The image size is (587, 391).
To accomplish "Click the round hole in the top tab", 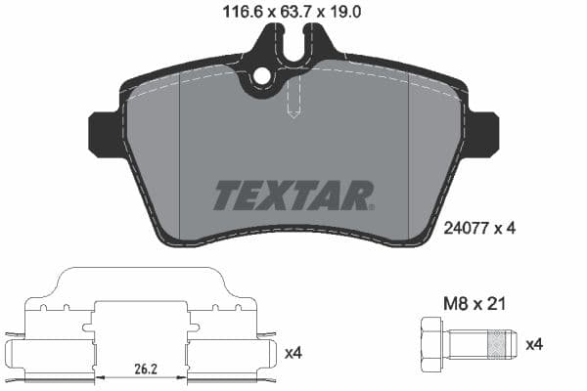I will [x=262, y=76].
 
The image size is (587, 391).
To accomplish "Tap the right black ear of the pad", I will [x=482, y=134].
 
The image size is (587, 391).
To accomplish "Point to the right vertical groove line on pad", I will [x=407, y=156].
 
